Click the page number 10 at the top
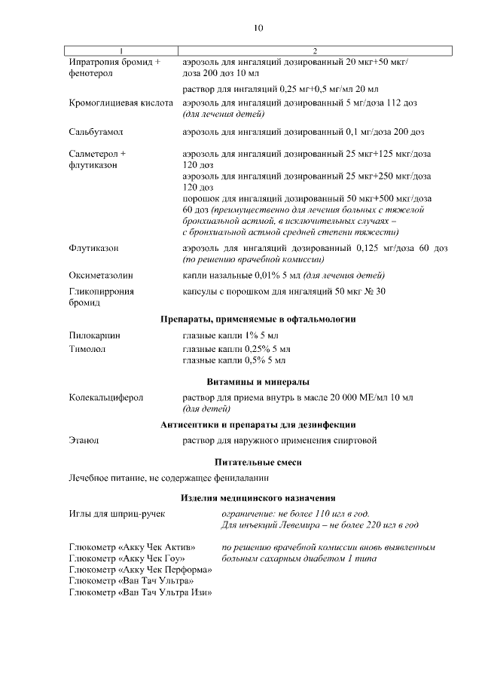pyautogui.click(x=258, y=28)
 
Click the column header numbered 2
pyautogui.click(x=315, y=50)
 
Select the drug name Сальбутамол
pyautogui.click(x=96, y=132)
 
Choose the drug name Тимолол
pyautogui.click(x=87, y=349)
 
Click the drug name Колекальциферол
pyautogui.click(x=105, y=397)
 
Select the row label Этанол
pyautogui.click(x=84, y=441)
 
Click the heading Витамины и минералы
pyautogui.click(x=258, y=381)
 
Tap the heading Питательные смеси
pyautogui.click(x=258, y=461)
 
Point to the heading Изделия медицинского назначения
pyautogui.click(x=258, y=497)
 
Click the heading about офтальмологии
pyautogui.click(x=258, y=319)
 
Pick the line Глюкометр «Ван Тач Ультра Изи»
pyautogui.click(x=140, y=592)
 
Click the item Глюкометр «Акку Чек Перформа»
pyautogui.click(x=140, y=570)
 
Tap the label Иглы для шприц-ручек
pyautogui.click(x=117, y=513)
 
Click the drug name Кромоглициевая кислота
pyautogui.click(x=120, y=102)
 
